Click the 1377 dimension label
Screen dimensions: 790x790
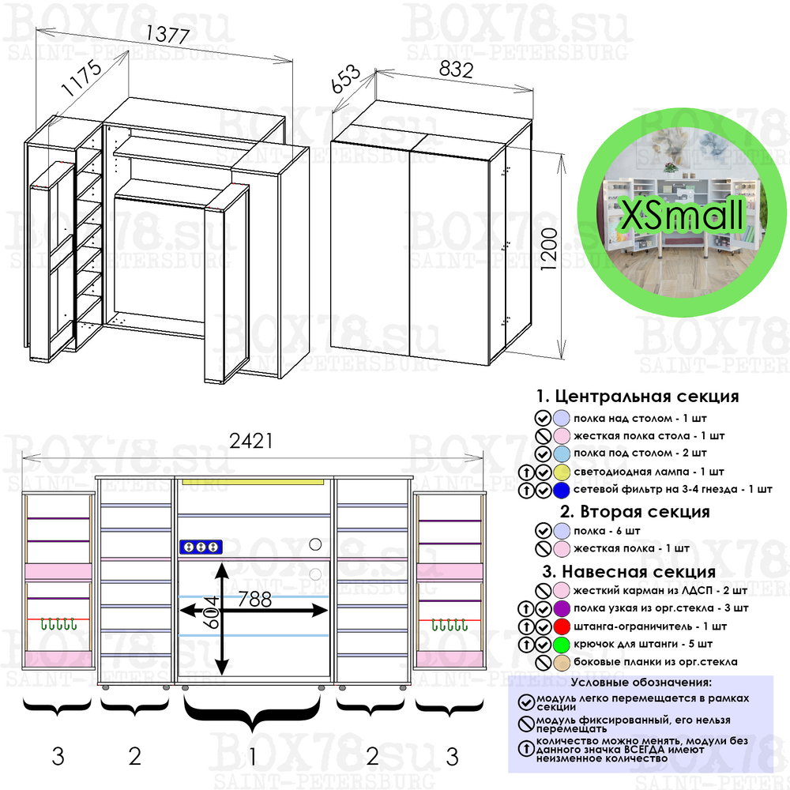click(167, 36)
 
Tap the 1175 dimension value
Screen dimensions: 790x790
click(82, 81)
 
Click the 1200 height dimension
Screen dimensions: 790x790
click(551, 250)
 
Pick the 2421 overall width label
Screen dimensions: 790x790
click(251, 441)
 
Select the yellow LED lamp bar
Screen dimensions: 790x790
click(254, 480)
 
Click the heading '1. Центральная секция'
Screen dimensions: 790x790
click(637, 396)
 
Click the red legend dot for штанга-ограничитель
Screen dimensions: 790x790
click(562, 626)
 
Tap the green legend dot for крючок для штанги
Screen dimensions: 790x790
click(562, 644)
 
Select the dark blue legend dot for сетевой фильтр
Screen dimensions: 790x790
click(562, 490)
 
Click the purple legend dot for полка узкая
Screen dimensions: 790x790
click(562, 608)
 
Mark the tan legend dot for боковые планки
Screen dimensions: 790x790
click(562, 662)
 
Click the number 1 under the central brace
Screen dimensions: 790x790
click(252, 757)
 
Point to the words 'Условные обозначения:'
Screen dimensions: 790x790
click(641, 682)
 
